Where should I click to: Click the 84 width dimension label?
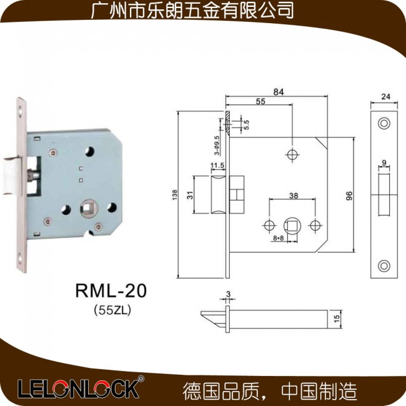(279, 92)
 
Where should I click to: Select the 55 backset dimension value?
(260, 101)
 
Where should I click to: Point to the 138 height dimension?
(175, 194)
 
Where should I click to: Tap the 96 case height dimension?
(349, 196)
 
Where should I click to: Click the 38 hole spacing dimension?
(294, 196)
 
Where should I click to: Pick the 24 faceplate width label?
(385, 96)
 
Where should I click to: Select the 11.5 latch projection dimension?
(217, 165)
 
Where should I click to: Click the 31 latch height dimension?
(190, 195)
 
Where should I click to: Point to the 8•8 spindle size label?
(279, 238)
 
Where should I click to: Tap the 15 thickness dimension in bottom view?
(337, 319)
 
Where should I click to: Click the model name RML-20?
(111, 290)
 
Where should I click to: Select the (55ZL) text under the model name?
(112, 310)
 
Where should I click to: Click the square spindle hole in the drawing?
(292, 225)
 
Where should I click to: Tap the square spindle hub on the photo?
(89, 208)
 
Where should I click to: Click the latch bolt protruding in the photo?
(11, 175)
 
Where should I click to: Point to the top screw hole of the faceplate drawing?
(384, 123)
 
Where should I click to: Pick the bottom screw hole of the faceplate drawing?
(384, 266)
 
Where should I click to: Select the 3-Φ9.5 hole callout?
(217, 146)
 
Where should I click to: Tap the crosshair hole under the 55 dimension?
(292, 155)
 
